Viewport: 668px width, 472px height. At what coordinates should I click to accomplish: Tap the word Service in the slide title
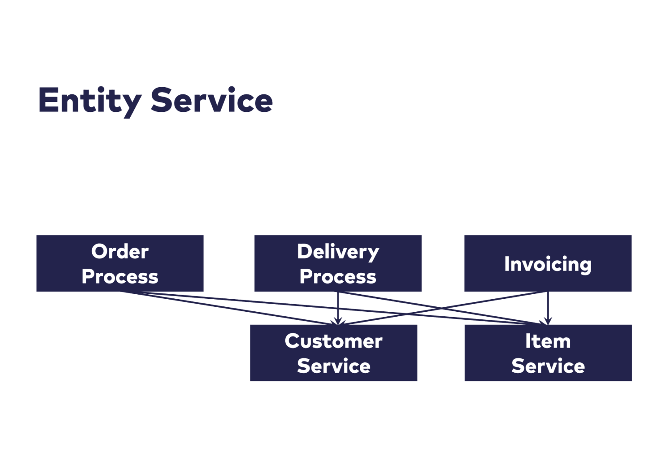point(212,100)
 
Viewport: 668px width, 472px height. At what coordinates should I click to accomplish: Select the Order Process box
point(120,263)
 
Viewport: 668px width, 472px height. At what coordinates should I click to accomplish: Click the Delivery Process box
point(338,263)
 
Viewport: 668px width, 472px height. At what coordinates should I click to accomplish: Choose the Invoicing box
point(548,263)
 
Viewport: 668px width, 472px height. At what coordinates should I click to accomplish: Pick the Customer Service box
point(334,353)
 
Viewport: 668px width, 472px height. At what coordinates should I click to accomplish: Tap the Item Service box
point(548,353)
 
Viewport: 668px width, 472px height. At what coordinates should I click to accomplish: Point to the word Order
point(120,251)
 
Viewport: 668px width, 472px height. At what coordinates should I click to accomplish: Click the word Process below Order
point(120,276)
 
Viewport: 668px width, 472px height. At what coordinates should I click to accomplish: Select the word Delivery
point(338,252)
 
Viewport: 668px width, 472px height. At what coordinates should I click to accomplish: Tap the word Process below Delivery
point(338,276)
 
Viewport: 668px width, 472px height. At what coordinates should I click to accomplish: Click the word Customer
point(334,341)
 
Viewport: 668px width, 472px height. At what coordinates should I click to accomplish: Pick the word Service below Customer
point(334,366)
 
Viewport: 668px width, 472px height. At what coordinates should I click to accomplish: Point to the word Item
point(548,341)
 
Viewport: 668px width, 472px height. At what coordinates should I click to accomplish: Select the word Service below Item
point(548,366)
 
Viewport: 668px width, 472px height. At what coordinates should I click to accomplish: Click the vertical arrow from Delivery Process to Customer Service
point(338,308)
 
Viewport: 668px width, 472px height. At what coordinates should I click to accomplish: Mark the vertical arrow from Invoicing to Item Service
point(548,308)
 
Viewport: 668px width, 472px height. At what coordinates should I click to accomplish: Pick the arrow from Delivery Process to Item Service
point(443,308)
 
